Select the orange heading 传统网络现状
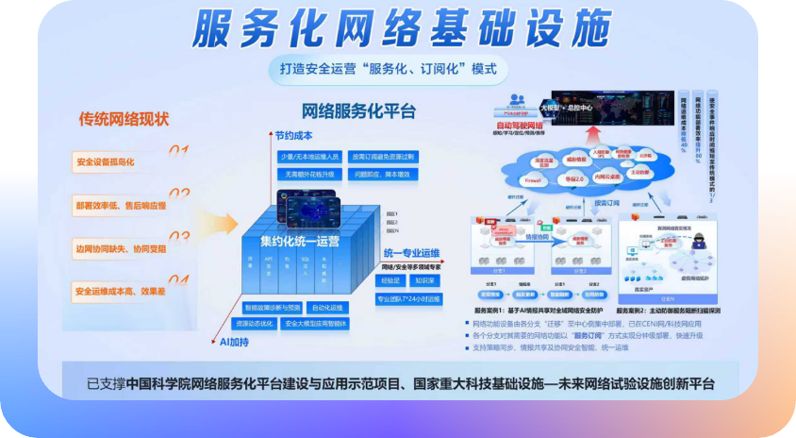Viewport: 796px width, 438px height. tap(124, 119)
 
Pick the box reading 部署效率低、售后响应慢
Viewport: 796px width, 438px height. tap(119, 205)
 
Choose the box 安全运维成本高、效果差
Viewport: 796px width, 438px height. tap(119, 291)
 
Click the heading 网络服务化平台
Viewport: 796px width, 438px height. tap(358, 111)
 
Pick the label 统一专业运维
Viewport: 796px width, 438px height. tap(412, 253)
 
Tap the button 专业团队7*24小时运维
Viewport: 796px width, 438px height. tap(409, 299)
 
